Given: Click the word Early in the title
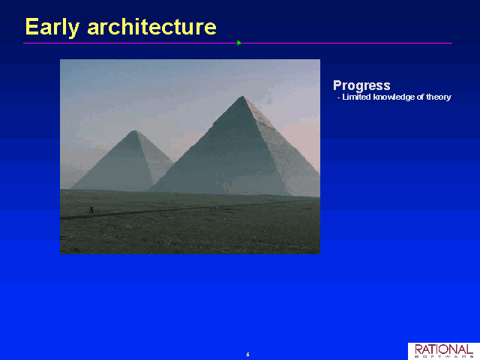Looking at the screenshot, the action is pyautogui.click(x=52, y=28).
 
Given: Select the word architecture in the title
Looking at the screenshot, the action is pyautogui.click(x=151, y=27).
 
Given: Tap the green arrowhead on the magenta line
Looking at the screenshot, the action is pyautogui.click(x=239, y=43).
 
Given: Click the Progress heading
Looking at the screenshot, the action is pyautogui.click(x=361, y=86).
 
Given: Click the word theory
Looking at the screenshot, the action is pyautogui.click(x=439, y=97).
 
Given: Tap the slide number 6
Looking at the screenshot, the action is pyautogui.click(x=247, y=355).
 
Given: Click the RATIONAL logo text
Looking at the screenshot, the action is pyautogui.click(x=444, y=349).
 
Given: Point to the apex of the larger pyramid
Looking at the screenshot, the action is pyautogui.click(x=242, y=96).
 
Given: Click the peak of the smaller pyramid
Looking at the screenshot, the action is pyautogui.click(x=135, y=130).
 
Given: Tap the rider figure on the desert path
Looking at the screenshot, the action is pyautogui.click(x=91, y=210).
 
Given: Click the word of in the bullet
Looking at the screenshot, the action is pyautogui.click(x=420, y=97).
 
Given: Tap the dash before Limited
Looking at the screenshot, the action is pyautogui.click(x=338, y=98).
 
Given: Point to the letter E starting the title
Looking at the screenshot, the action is pyautogui.click(x=31, y=26).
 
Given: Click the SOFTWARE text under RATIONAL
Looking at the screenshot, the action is pyautogui.click(x=444, y=357).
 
